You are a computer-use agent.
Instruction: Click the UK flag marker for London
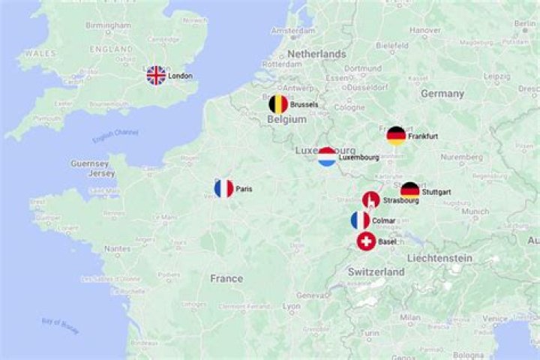click(156, 75)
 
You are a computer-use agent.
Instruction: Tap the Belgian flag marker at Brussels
click(278, 104)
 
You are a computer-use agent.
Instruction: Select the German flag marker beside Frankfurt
click(396, 136)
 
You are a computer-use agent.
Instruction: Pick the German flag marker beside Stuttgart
click(409, 191)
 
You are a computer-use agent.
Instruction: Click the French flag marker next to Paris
click(223, 188)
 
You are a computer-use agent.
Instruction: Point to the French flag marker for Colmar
click(360, 220)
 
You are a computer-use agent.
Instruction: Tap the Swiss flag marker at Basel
click(366, 241)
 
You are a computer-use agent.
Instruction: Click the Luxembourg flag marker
click(327, 157)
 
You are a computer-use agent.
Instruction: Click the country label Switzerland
click(376, 271)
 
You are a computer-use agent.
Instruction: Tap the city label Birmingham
click(108, 25)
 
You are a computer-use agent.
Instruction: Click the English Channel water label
click(115, 137)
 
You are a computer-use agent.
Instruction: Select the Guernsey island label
click(90, 163)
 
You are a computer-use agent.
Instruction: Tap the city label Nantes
click(118, 248)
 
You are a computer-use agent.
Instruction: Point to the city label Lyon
click(291, 307)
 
